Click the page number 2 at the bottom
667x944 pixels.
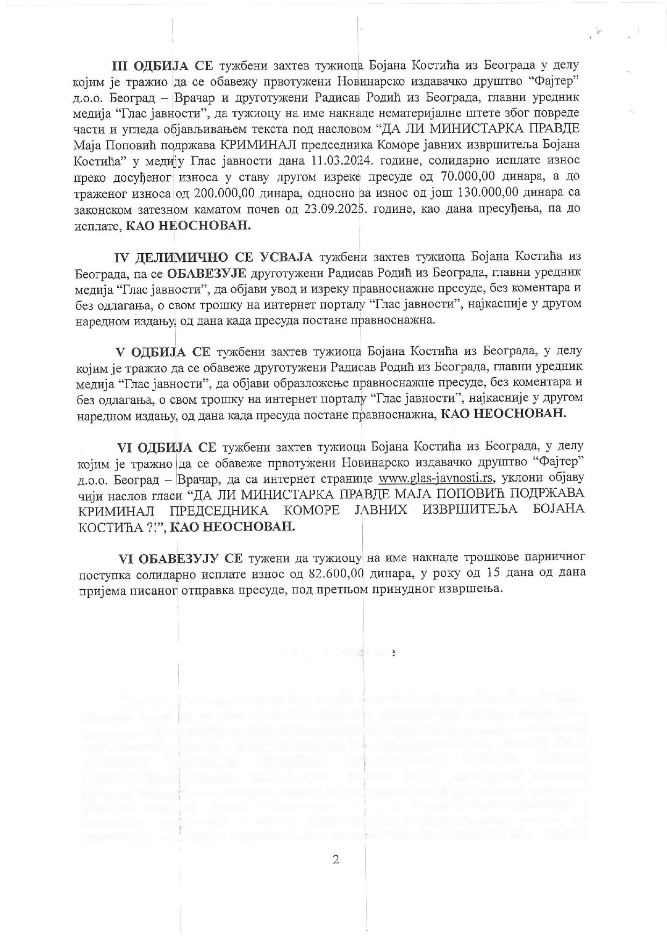click(336, 860)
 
